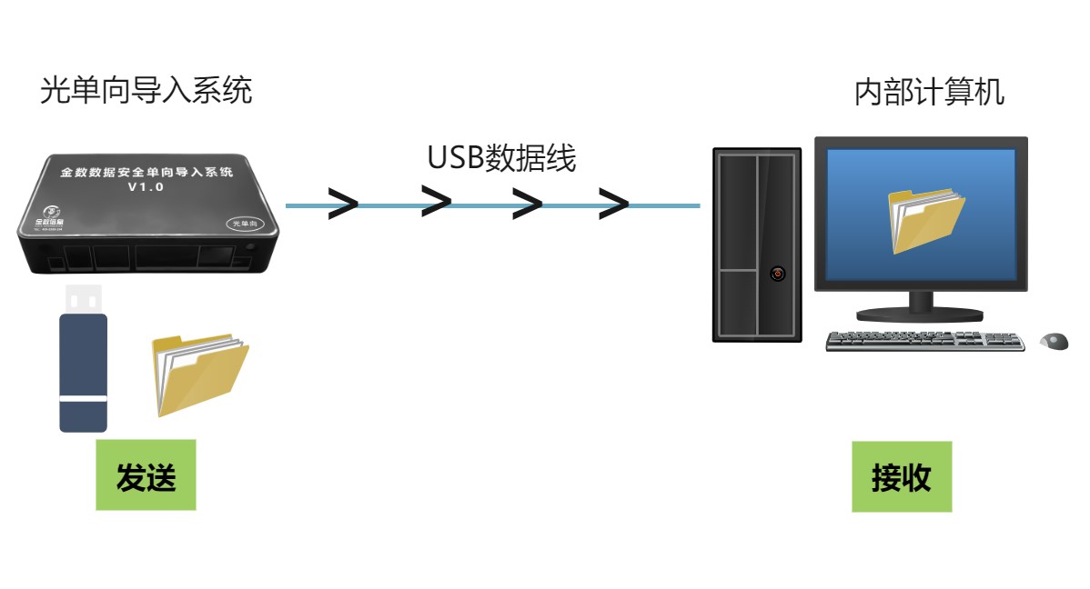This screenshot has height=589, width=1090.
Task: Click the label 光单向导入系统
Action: click(x=146, y=91)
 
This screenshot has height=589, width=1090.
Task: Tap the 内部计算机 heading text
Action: click(x=929, y=93)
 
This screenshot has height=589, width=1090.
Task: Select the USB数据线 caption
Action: click(x=502, y=157)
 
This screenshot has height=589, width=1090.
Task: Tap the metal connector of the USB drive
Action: click(x=83, y=298)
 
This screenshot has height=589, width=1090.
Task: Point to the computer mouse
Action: click(x=1054, y=342)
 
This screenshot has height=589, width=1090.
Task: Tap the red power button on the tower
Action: click(x=777, y=272)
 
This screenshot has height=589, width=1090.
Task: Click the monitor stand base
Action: click(x=920, y=314)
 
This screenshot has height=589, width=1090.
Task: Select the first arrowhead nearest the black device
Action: click(x=343, y=205)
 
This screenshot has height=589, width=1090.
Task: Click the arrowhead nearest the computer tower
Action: click(x=613, y=205)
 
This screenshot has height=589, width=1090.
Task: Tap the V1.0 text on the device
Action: click(x=145, y=187)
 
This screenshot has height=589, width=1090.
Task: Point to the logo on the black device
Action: click(x=42, y=215)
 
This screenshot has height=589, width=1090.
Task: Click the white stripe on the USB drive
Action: click(x=84, y=398)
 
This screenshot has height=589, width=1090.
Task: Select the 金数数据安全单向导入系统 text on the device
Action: click(x=146, y=171)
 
